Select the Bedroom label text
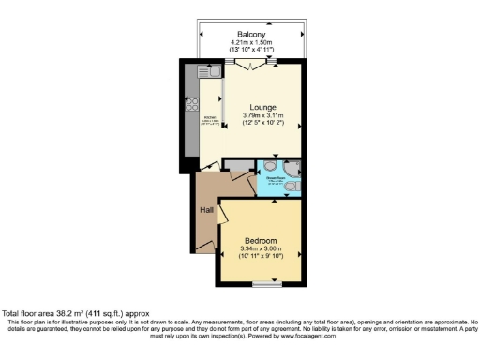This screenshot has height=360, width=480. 261,239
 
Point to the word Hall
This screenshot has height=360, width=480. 206,210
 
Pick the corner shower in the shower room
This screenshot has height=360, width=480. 292,168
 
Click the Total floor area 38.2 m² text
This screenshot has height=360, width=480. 74,313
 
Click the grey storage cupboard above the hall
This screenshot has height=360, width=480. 240,166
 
